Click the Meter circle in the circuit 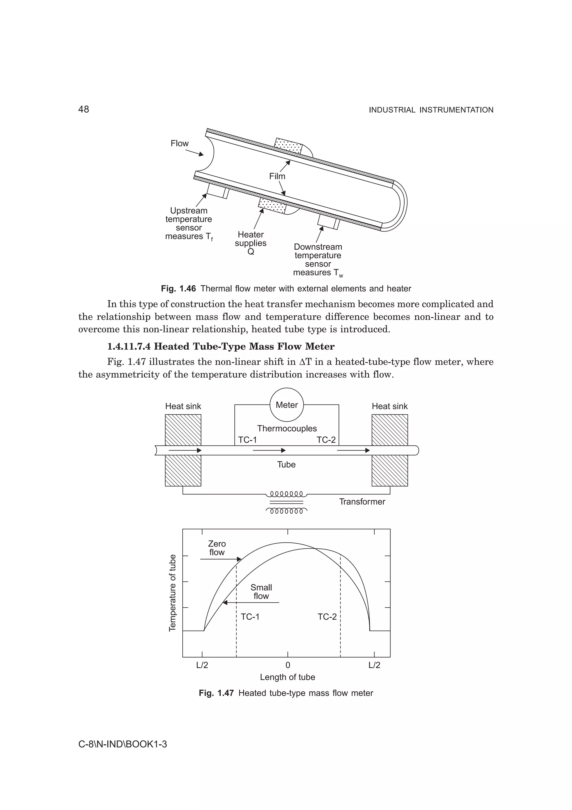pyautogui.click(x=287, y=405)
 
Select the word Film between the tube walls pyautogui.click(x=277, y=176)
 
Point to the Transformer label pyautogui.click(x=362, y=501)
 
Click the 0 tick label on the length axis pyautogui.click(x=288, y=665)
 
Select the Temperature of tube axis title pyautogui.click(x=172, y=593)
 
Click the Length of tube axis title pyautogui.click(x=287, y=677)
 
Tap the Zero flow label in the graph pyautogui.click(x=217, y=548)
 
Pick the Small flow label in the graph pyautogui.click(x=261, y=592)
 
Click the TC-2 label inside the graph pyautogui.click(x=327, y=617)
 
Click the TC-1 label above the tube pyautogui.click(x=247, y=440)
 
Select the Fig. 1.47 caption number pyautogui.click(x=216, y=693)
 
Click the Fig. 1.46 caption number pyautogui.click(x=178, y=288)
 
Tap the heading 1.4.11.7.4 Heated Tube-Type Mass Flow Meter pyautogui.click(x=221, y=346)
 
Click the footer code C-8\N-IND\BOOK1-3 pyautogui.click(x=122, y=744)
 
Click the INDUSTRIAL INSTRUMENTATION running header pyautogui.click(x=431, y=110)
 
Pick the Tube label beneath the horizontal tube pyautogui.click(x=286, y=464)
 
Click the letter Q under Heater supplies pyautogui.click(x=251, y=252)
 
